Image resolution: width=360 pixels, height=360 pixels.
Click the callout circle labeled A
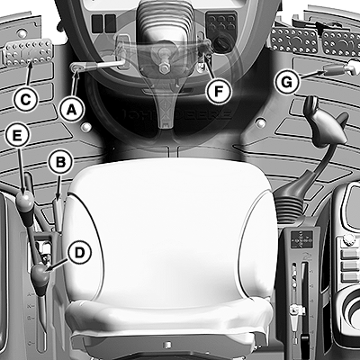point(71,110)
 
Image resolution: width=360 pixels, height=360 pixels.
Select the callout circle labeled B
point(60,162)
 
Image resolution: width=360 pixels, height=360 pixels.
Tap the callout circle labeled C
point(25,99)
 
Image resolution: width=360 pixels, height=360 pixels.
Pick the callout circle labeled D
point(79,253)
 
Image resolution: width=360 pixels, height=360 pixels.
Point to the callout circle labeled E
point(17,136)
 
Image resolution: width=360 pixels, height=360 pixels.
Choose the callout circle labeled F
point(219,92)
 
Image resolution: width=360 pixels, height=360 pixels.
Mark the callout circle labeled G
point(287,82)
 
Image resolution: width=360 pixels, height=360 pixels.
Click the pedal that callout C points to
point(29,53)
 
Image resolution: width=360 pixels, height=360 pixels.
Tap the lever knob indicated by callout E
point(24,201)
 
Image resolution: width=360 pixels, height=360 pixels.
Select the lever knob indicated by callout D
point(40,274)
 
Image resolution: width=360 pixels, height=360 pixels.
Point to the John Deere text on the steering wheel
point(176,114)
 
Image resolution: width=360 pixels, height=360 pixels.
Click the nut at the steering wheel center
point(164,68)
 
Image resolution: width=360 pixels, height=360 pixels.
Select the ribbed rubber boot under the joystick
point(290,208)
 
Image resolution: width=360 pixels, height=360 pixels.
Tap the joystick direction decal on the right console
point(301,239)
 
